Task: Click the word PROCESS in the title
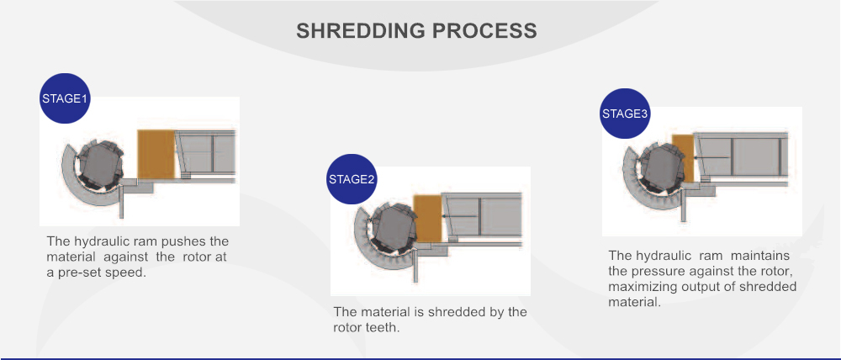(x=485, y=30)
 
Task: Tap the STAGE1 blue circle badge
(x=65, y=98)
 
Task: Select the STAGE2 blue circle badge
(x=352, y=179)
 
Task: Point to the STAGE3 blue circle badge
(x=625, y=114)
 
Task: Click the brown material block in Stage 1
(x=156, y=154)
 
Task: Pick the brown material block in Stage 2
(x=427, y=219)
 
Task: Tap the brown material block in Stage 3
(x=683, y=158)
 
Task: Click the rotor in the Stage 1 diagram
(x=101, y=164)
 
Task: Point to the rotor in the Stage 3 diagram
(x=663, y=167)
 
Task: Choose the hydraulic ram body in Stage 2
(x=481, y=214)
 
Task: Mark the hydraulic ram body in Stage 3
(x=741, y=155)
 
